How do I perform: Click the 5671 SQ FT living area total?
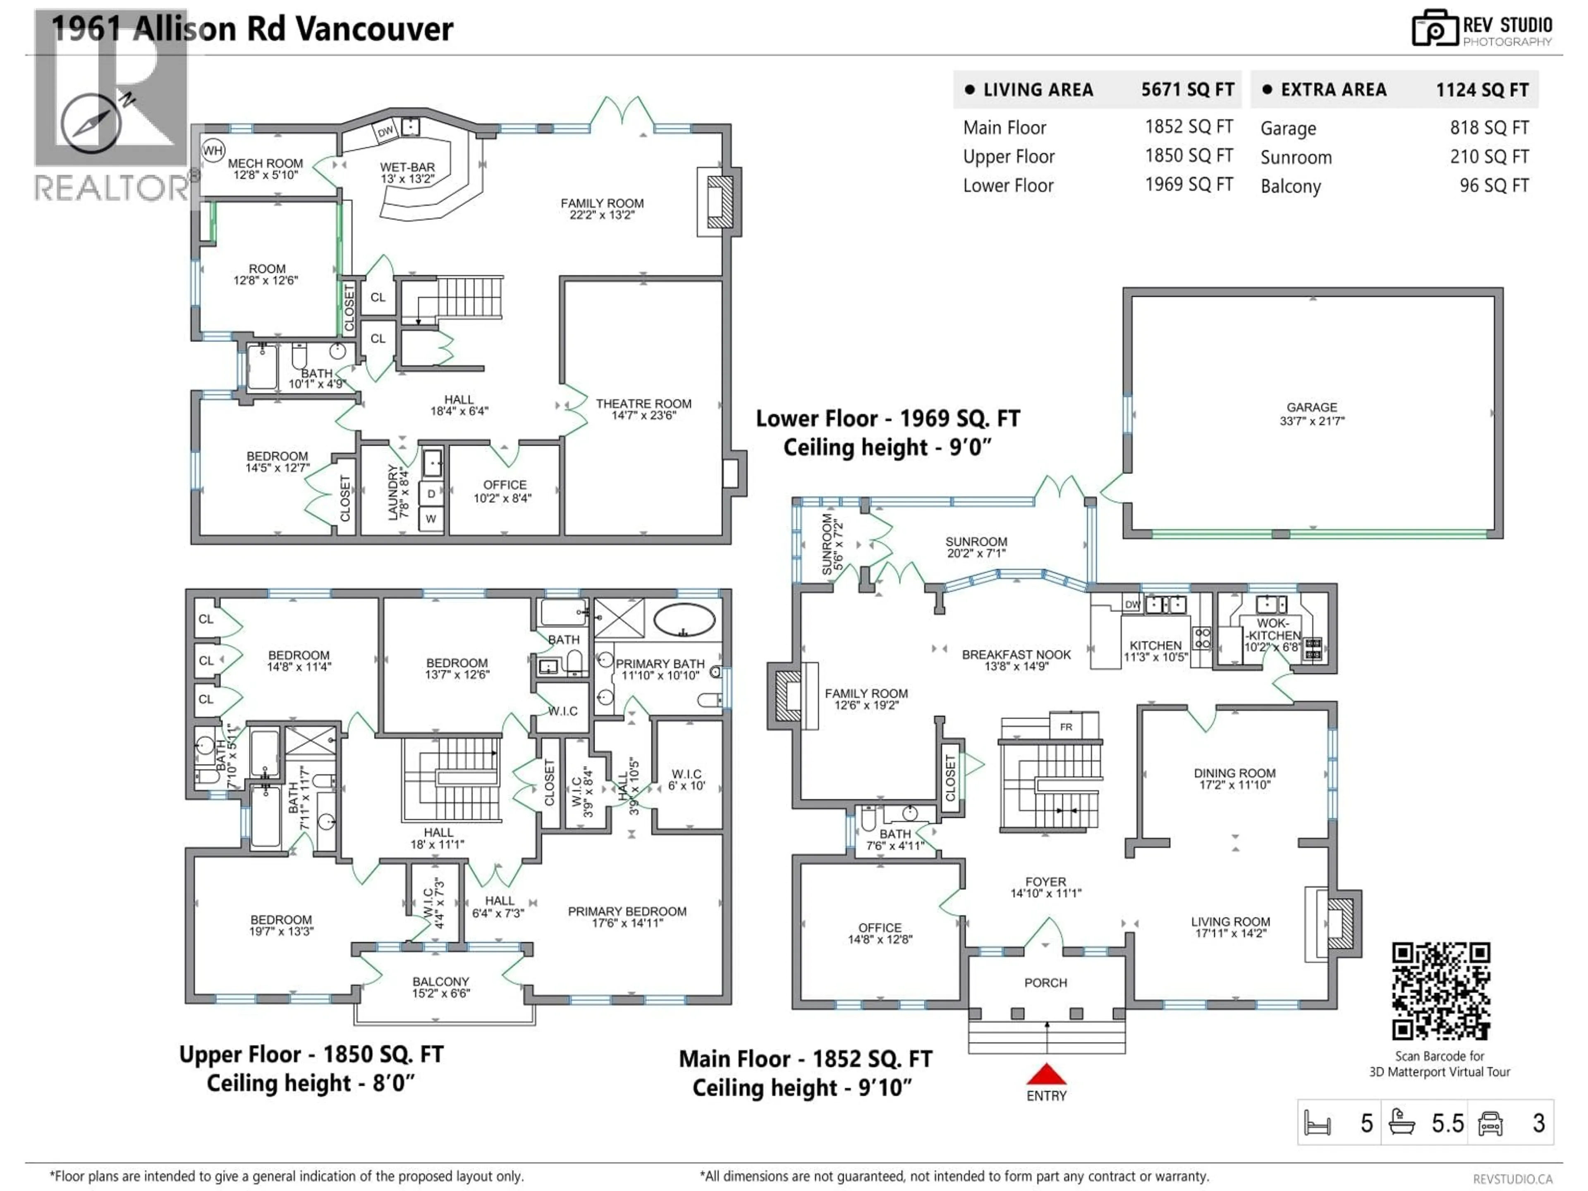1187,90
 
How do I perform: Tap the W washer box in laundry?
431,518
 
